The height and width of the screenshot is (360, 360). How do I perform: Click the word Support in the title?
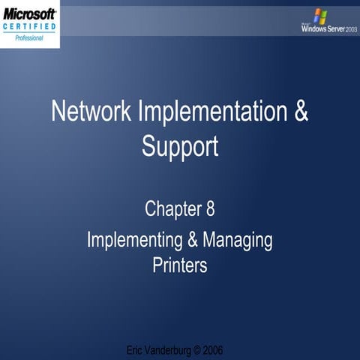[x=180, y=145]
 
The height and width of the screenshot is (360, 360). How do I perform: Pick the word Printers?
[x=180, y=265]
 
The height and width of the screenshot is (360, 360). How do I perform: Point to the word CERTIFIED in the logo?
[x=29, y=27]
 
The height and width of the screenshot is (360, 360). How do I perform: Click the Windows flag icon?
[x=320, y=16]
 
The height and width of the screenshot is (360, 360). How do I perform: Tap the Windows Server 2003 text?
[x=324, y=30]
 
